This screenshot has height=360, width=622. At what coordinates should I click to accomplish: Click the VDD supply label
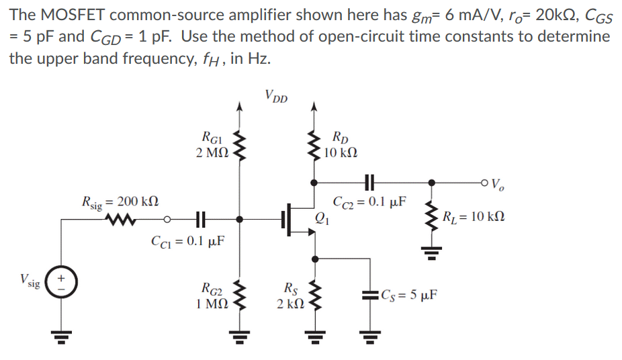tap(275, 97)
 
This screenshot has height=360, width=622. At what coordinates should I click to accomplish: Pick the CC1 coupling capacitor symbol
tap(198, 218)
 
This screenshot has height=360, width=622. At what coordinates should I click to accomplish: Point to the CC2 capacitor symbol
tap(369, 181)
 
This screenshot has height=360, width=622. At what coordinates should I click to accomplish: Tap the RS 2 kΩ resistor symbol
tap(313, 298)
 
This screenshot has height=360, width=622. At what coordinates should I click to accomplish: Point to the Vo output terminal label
tap(495, 182)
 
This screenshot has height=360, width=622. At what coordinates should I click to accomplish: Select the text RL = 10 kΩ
tap(474, 217)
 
